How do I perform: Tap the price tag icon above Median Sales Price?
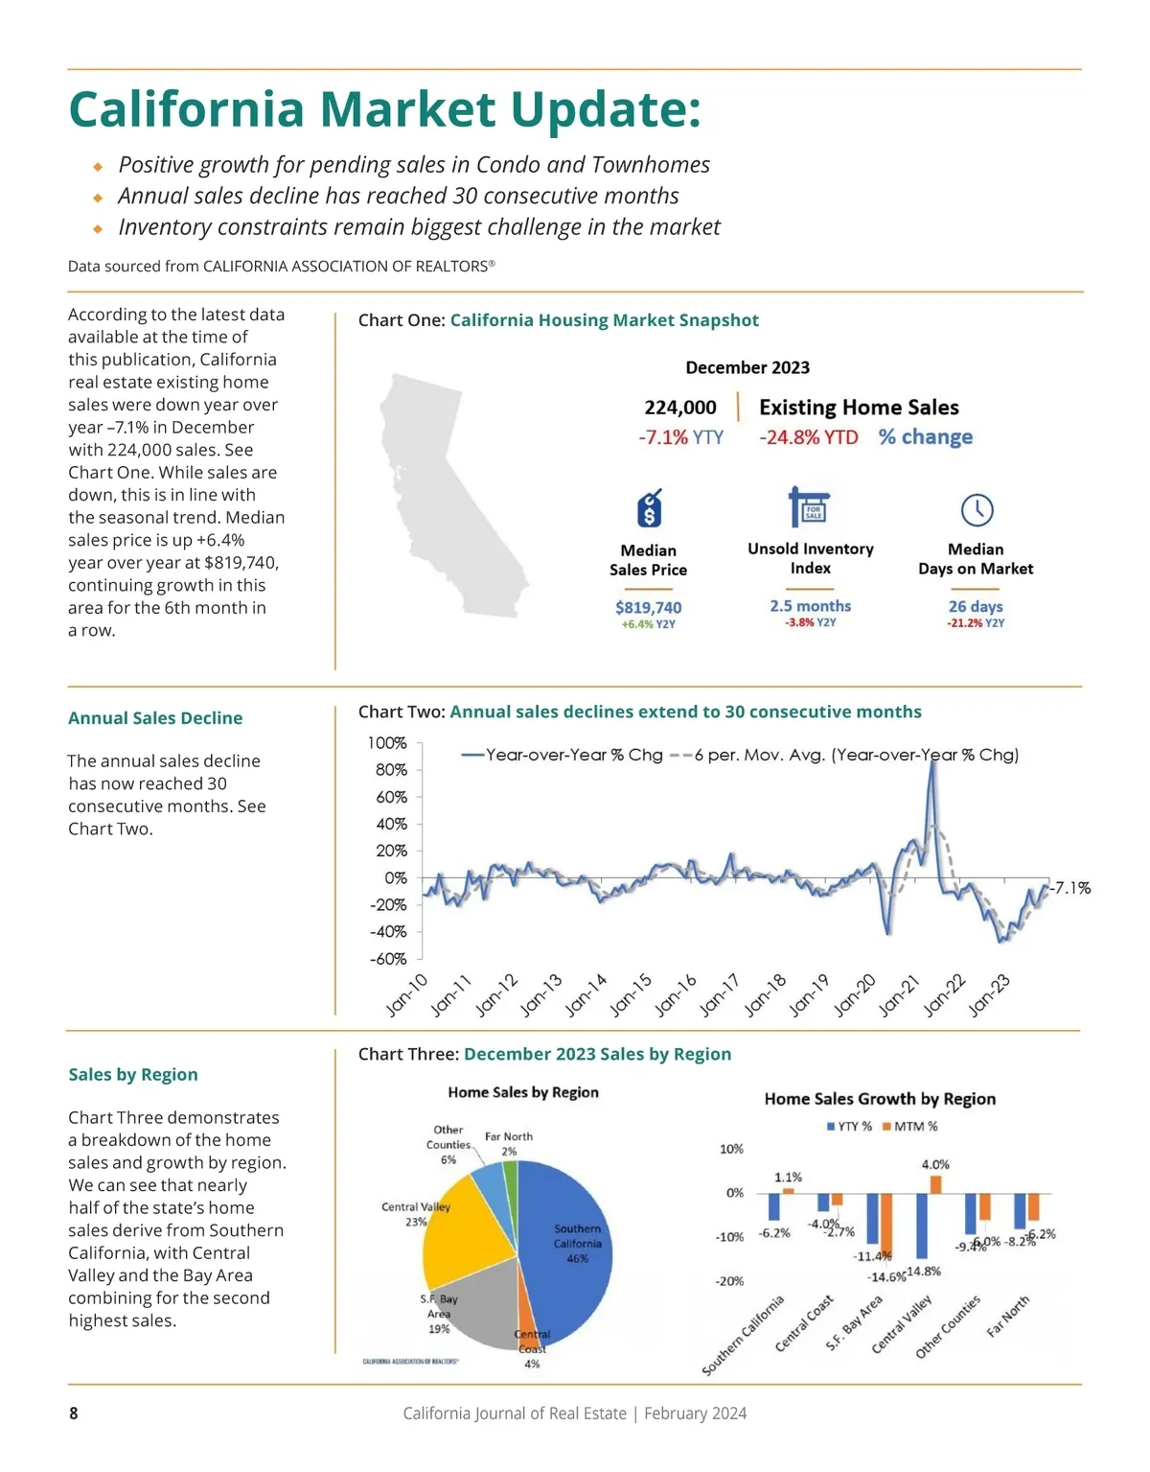coord(650,508)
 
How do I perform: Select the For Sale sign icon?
coord(810,506)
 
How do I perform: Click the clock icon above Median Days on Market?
coord(977,509)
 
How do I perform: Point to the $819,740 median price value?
coord(649,607)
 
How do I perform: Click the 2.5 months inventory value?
coord(810,606)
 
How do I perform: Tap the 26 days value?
coord(976,606)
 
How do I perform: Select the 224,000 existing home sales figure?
coord(680,408)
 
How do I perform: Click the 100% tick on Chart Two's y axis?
coord(387,743)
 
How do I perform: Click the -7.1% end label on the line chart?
coord(1070,888)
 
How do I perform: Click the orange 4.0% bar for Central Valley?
coord(935,1184)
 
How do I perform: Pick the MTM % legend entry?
coord(909,1126)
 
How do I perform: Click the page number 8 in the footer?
coord(74,1413)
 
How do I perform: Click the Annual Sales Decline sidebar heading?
coord(155,718)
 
